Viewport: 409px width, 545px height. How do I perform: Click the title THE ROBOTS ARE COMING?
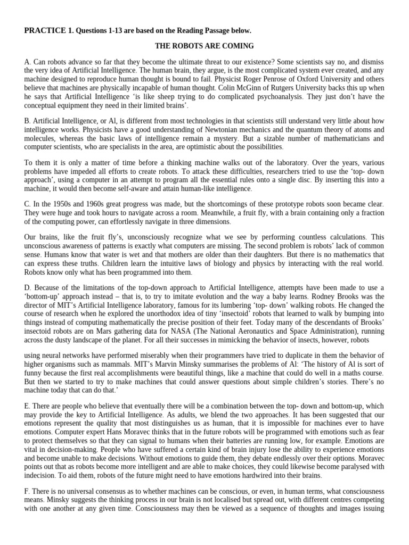[x=204, y=46]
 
